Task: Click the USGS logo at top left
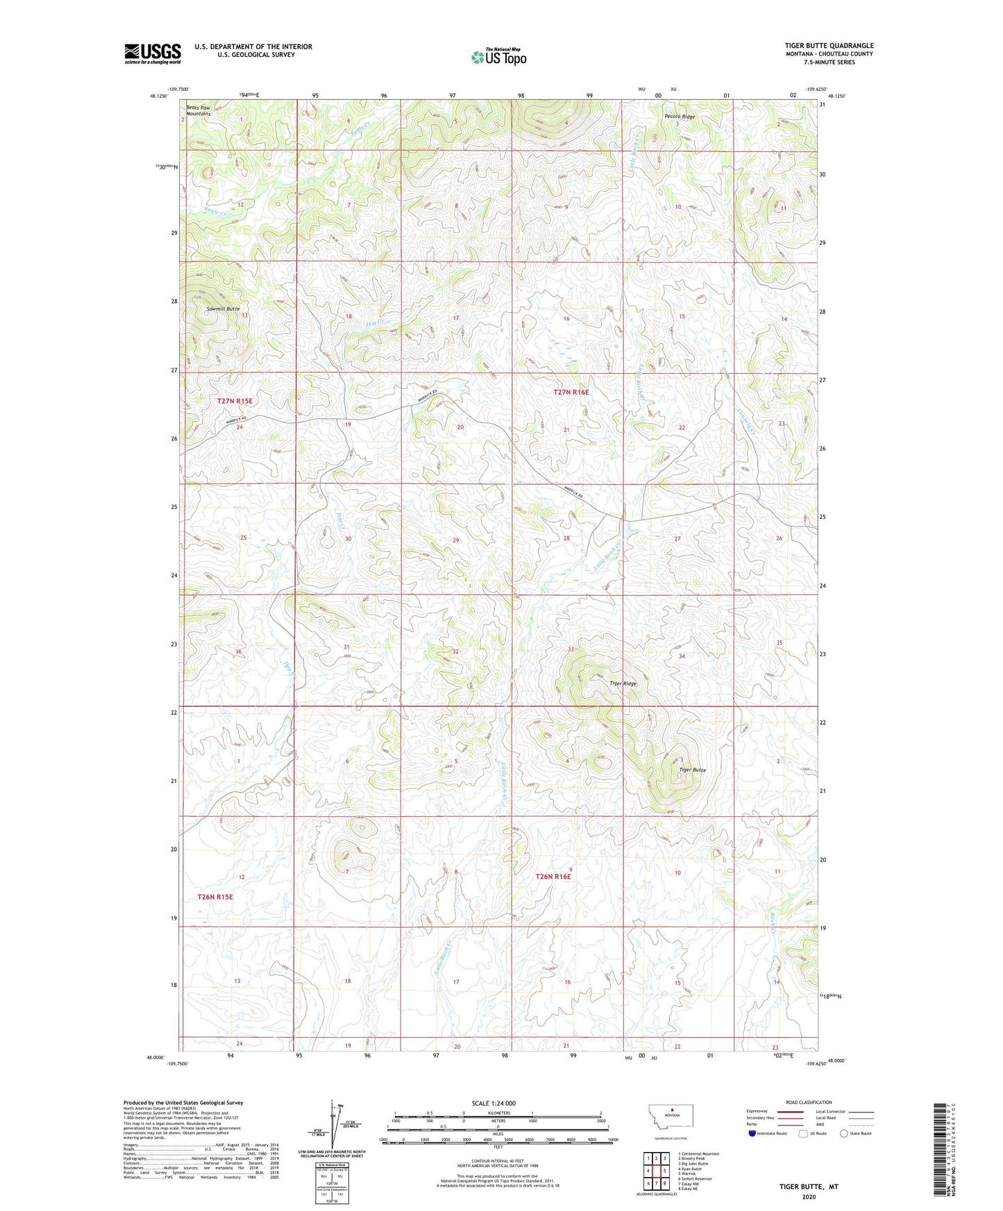[153, 53]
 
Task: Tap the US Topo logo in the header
[498, 57]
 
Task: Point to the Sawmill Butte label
[223, 308]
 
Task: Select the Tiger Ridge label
[623, 683]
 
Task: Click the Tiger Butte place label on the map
[692, 770]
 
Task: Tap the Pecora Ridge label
[679, 117]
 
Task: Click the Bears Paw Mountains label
[198, 110]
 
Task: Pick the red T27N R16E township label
[571, 393]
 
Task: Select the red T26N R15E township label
[215, 897]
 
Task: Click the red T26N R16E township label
[553, 877]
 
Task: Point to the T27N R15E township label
[235, 401]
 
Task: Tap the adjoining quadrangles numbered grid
[656, 1171]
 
